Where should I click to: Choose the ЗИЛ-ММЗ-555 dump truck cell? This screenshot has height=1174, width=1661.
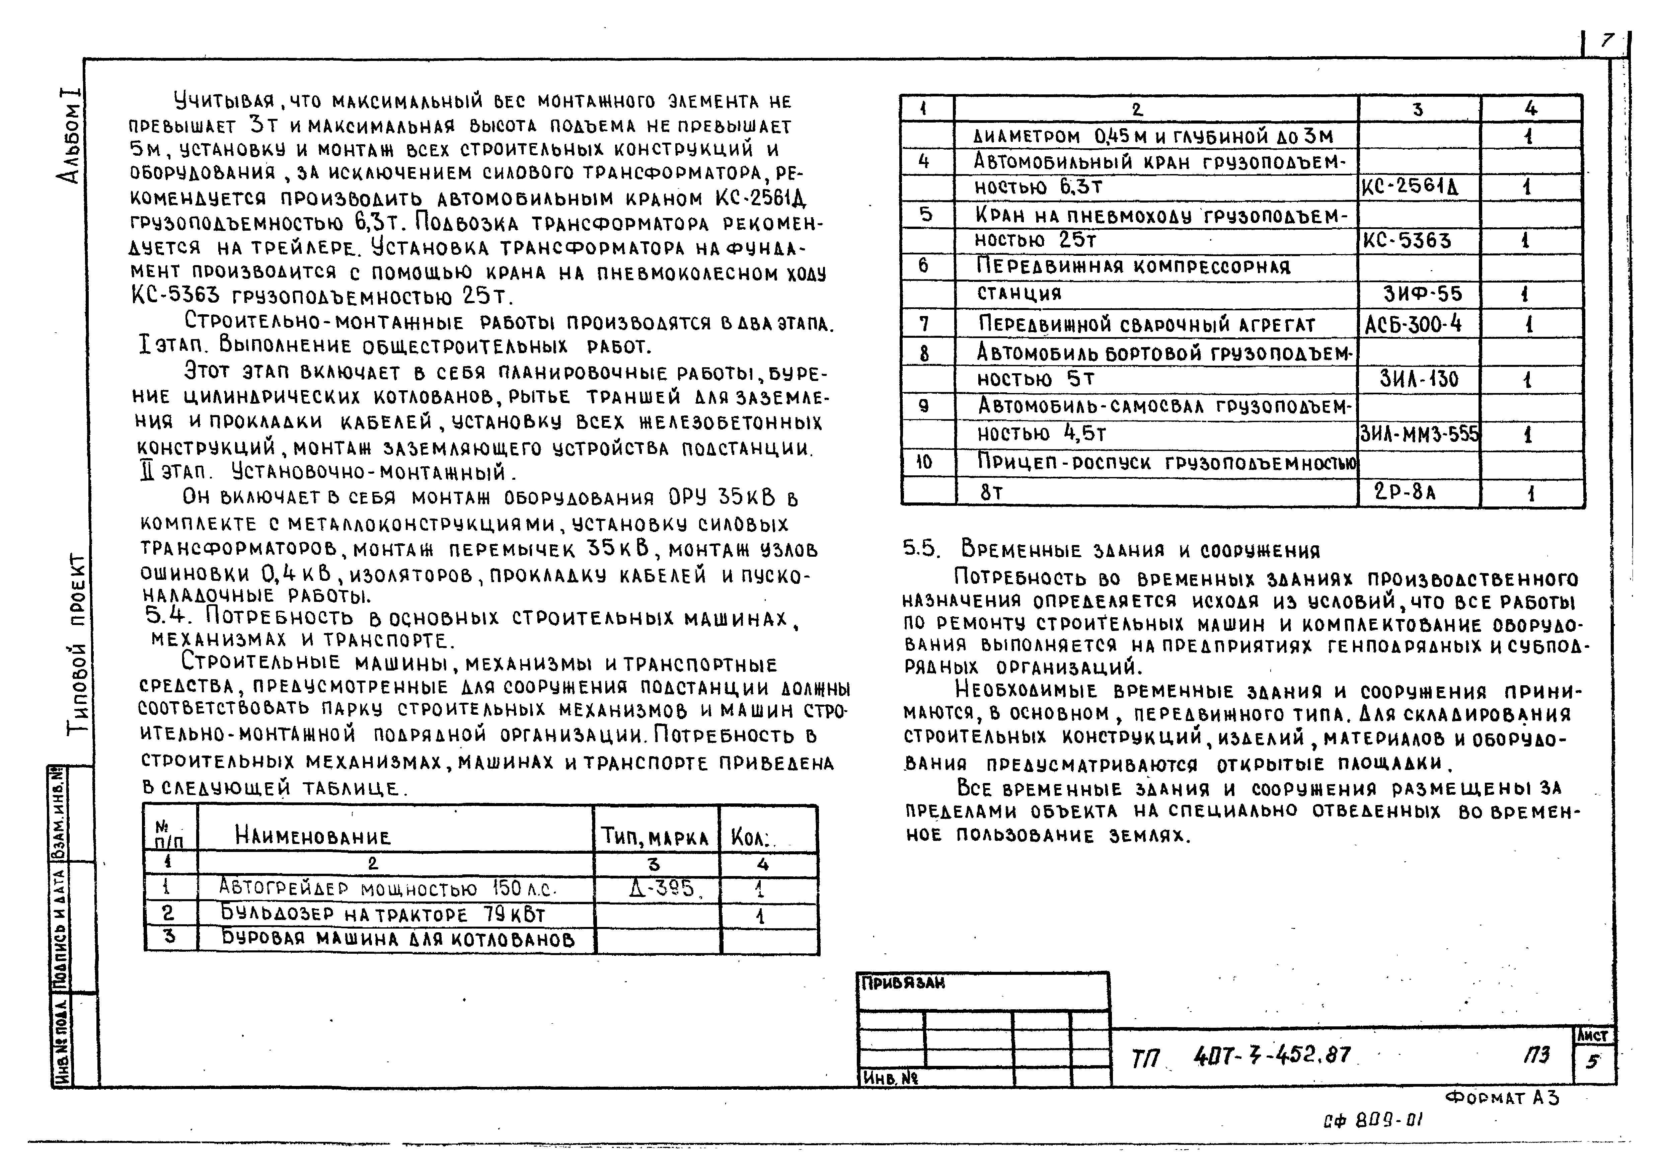1419,434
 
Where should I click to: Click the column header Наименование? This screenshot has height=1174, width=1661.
312,837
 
